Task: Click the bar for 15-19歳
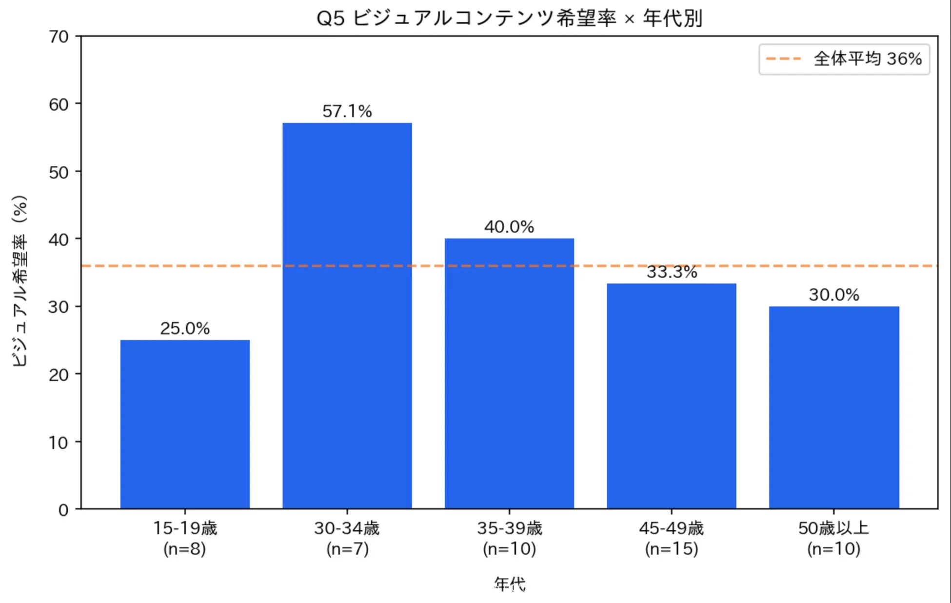185,424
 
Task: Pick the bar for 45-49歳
672,396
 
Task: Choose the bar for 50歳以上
834,407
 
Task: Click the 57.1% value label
347,111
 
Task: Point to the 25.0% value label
185,328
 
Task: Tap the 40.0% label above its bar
509,227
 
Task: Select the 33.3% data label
672,272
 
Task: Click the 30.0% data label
834,295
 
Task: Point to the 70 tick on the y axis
59,37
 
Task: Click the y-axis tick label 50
59,172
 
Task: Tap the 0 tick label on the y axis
63,510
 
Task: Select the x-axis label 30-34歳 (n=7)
347,538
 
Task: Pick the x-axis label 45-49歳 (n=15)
672,538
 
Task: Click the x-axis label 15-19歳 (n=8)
185,538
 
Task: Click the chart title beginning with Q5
509,19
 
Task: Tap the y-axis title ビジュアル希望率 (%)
20,281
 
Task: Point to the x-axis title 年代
509,583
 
